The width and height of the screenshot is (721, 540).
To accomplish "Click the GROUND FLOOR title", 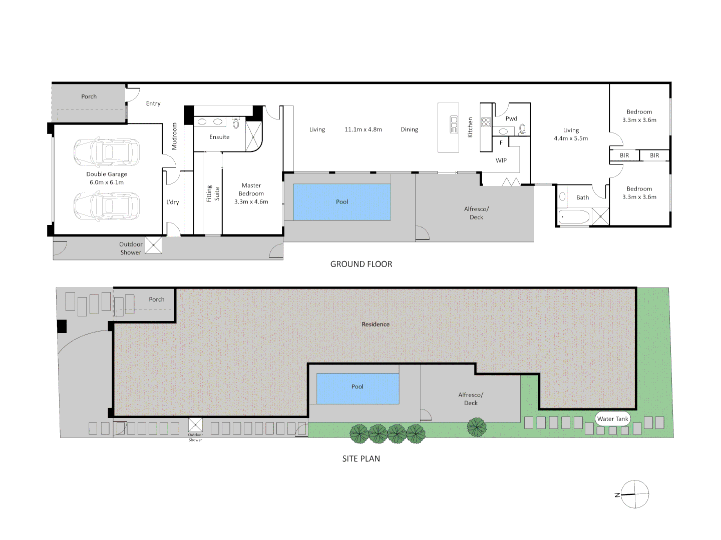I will coord(361,264).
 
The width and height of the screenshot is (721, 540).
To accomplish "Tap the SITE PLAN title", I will coord(361,458).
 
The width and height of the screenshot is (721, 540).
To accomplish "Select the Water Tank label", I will coord(612,419).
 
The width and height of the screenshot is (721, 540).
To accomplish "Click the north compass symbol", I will coord(634,494).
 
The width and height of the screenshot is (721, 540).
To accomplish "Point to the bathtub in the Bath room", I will coord(574,217).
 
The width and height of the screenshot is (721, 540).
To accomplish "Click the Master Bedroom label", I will coord(251,193).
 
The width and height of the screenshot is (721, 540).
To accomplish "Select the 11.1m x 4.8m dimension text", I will coord(363,129).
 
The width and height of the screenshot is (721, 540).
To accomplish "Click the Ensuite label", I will coord(219,137).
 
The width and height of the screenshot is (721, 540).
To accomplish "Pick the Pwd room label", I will coord(511,118).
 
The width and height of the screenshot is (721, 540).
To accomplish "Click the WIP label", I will coord(501,160).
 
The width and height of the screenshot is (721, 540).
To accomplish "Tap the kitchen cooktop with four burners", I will coord(486,122).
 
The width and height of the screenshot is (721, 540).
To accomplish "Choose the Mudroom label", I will coord(174,136).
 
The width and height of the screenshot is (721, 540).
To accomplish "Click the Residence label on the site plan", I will coord(376,324).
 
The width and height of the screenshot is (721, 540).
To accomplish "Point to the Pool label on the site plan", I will coord(357,386).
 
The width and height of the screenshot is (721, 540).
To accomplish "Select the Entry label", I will coord(153,103).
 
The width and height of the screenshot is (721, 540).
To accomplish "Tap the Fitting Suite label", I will coord(213,193).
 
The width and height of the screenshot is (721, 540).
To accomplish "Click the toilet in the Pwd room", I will coord(523,129).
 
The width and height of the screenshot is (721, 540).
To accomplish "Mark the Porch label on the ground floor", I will coord(89,96).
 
